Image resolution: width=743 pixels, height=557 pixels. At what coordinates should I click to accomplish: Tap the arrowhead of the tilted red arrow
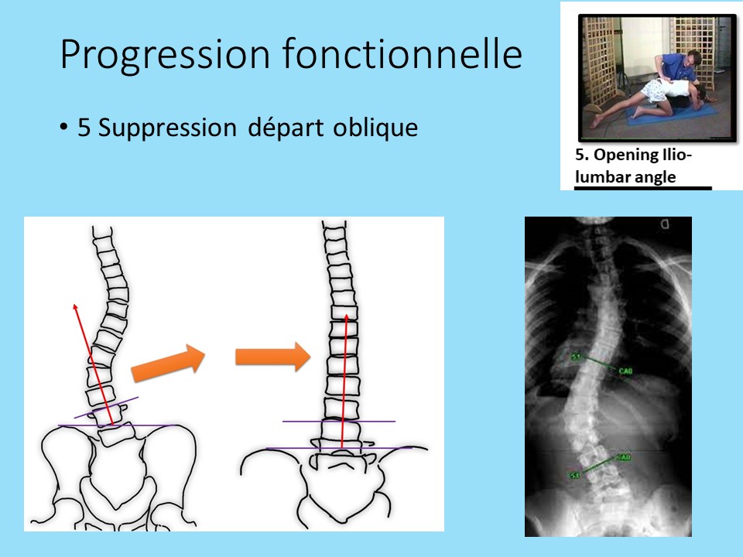[x=76, y=308]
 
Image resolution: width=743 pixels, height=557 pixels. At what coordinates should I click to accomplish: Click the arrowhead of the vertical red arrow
[x=345, y=317]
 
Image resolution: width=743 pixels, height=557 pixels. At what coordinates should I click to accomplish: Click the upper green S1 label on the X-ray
[x=576, y=357]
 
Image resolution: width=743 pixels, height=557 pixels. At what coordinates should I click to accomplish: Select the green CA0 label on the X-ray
[x=625, y=372]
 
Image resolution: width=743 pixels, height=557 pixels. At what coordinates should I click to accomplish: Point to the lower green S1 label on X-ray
[x=574, y=474]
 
